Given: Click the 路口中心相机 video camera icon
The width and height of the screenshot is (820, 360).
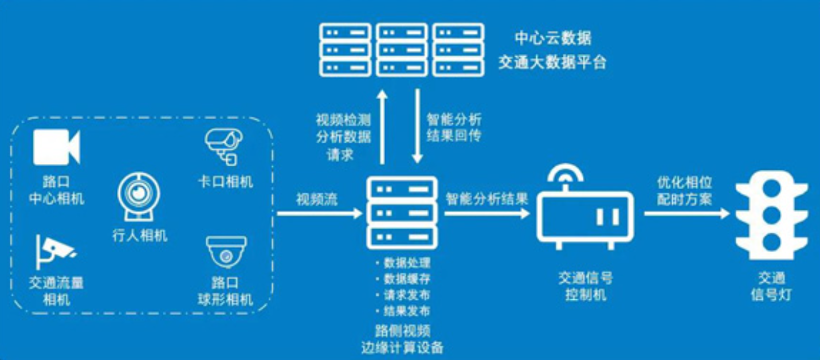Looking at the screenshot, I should click(56, 148).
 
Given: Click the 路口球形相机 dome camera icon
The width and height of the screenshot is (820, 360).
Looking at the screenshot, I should click(226, 251).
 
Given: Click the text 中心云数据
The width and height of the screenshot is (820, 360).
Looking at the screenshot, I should click(552, 39).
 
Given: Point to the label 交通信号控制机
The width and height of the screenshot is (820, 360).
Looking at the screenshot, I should click(586, 287).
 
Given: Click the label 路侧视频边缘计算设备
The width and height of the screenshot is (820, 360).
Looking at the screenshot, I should click(403, 339).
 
